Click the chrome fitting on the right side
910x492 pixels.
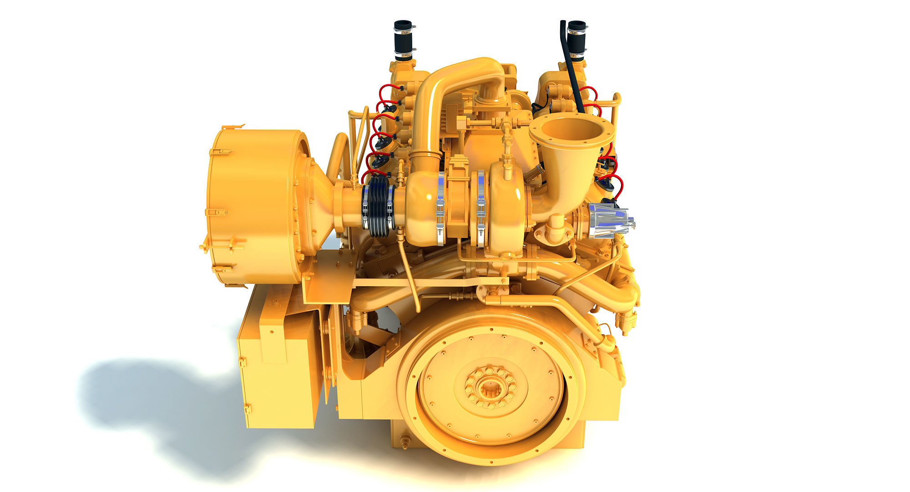(x=610, y=221)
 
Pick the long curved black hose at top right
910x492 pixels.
(x=572, y=68)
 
